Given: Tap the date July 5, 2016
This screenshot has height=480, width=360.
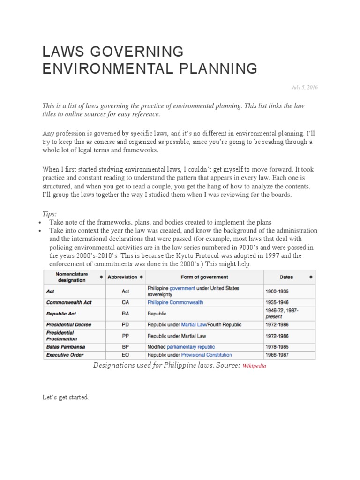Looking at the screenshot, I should (305, 88).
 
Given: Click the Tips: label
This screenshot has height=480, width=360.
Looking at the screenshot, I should (50, 214).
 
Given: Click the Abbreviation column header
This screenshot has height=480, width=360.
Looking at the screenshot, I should (122, 277).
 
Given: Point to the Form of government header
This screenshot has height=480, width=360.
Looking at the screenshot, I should (204, 277).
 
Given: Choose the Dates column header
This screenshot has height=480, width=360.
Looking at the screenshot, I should (286, 277).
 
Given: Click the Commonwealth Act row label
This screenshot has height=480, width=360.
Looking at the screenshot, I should (69, 302).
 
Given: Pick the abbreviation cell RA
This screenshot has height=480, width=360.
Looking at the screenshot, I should (125, 313).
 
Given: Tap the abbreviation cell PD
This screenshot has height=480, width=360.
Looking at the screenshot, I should (125, 324).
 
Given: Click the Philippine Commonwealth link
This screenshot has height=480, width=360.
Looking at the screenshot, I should (175, 302).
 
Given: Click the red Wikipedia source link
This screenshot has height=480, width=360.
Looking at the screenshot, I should (254, 366).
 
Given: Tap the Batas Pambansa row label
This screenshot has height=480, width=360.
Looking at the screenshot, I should (66, 347).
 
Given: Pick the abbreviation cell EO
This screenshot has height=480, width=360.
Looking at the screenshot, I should (125, 355).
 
